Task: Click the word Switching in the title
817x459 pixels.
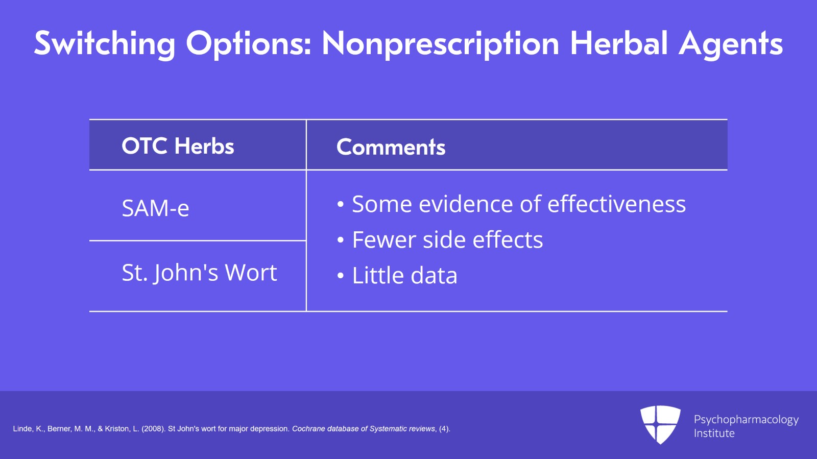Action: [x=105, y=44]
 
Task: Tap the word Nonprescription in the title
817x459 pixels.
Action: [x=441, y=44]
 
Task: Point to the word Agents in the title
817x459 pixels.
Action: [x=731, y=44]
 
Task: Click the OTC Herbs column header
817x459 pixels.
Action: [x=178, y=146]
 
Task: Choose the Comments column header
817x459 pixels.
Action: [x=391, y=147]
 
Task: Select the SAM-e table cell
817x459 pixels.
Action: [x=155, y=208]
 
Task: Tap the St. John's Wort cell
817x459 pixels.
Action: [x=199, y=272]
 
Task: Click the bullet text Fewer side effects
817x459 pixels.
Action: [x=447, y=239]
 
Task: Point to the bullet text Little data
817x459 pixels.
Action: [x=404, y=275]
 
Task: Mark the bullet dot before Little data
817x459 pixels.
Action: [x=340, y=276]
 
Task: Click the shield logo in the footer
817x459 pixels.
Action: [x=660, y=424]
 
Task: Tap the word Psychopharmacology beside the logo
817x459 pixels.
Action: [x=746, y=420]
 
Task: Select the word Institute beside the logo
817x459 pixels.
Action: [x=714, y=433]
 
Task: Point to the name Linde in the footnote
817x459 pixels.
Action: [x=22, y=429]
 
